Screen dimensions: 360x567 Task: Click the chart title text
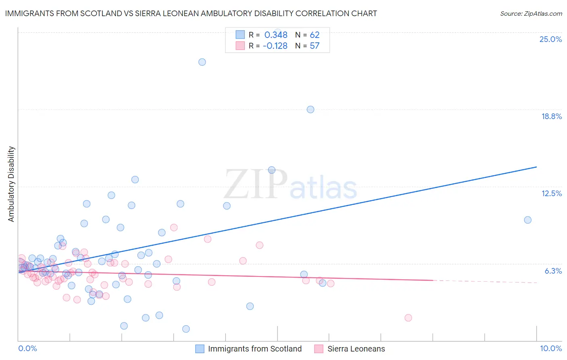[x=191, y=13]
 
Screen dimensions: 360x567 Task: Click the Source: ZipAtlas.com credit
[x=531, y=13]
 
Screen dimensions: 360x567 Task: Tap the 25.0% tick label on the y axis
[x=550, y=39]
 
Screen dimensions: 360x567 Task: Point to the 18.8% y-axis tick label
[x=551, y=116]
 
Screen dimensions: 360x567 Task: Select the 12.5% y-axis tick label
[x=551, y=193]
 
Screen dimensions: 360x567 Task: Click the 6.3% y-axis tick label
[x=553, y=271]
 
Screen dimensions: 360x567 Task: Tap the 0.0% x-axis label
[x=27, y=348]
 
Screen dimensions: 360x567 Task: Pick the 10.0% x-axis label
[x=550, y=348]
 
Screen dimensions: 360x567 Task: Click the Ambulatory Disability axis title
[x=11, y=184]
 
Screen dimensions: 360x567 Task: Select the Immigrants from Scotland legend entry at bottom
[x=254, y=349]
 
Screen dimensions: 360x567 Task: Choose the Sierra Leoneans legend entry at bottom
[x=356, y=349]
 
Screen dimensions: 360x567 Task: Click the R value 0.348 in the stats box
[x=276, y=35]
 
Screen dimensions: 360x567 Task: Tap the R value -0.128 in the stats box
[x=275, y=46]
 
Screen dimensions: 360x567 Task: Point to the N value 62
[x=315, y=35]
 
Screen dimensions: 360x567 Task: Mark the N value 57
[x=315, y=46]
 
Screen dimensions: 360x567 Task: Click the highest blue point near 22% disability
[x=202, y=62]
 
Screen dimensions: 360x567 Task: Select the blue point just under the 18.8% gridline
[x=310, y=109]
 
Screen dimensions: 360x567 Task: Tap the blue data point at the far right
[x=527, y=220]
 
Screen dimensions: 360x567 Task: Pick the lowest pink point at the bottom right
[x=408, y=318]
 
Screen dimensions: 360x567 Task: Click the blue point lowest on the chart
[x=186, y=329]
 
